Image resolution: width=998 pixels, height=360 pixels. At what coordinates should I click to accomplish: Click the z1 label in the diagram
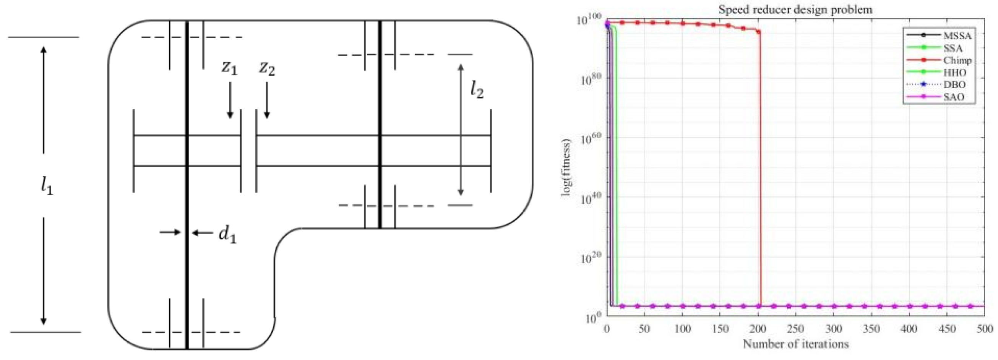[x=229, y=67]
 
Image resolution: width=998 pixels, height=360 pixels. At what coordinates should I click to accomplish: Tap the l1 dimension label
[x=47, y=186]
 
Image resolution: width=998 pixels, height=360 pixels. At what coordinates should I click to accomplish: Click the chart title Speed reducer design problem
[x=795, y=9]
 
